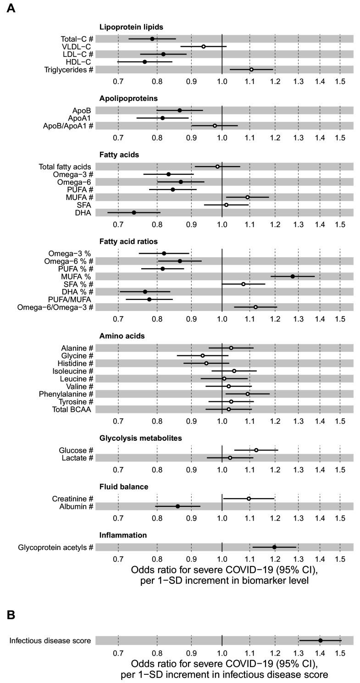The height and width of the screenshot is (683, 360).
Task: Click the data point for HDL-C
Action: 145,62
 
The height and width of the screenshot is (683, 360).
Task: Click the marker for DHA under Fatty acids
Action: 134,212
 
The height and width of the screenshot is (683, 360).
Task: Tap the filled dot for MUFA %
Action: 293,277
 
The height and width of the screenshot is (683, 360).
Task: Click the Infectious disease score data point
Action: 321,640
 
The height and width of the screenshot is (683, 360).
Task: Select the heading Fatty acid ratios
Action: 128,241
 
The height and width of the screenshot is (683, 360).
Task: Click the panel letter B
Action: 11,615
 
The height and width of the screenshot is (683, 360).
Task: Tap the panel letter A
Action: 11,9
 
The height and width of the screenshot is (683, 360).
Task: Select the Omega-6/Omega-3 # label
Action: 55,307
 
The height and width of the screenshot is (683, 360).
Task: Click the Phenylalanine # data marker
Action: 248,394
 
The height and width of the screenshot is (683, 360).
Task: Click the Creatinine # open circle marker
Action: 249,499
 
